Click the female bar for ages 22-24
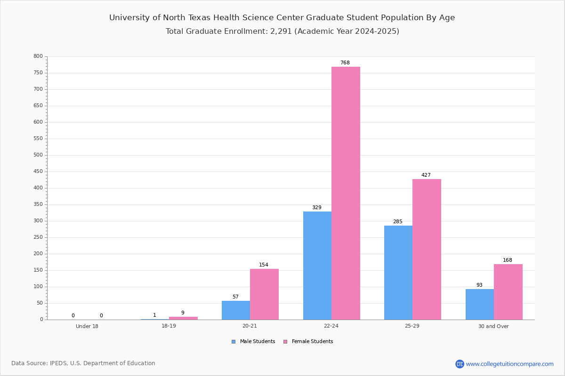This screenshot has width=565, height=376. click(x=346, y=193)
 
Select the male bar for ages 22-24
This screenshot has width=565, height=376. click(x=317, y=266)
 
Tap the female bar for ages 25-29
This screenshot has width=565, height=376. click(x=427, y=249)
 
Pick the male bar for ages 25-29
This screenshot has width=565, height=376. click(x=398, y=273)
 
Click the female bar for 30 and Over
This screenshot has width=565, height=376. click(x=508, y=292)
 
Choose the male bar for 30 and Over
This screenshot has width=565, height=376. click(x=480, y=305)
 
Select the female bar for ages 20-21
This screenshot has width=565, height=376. click(x=264, y=294)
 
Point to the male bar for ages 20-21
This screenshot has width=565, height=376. click(x=236, y=310)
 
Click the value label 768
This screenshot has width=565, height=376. click(x=345, y=63)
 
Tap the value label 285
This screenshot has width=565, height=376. click(x=398, y=222)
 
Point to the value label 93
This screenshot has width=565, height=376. click(x=479, y=285)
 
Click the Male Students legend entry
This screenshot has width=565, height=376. click(x=253, y=342)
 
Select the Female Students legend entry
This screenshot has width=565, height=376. click(x=308, y=342)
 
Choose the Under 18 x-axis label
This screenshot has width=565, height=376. click(x=87, y=326)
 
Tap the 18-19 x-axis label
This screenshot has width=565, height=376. click(x=169, y=326)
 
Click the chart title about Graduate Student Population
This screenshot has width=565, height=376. click(x=282, y=18)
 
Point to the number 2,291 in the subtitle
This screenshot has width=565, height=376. click(x=281, y=31)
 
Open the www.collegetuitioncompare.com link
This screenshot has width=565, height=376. click(x=509, y=364)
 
